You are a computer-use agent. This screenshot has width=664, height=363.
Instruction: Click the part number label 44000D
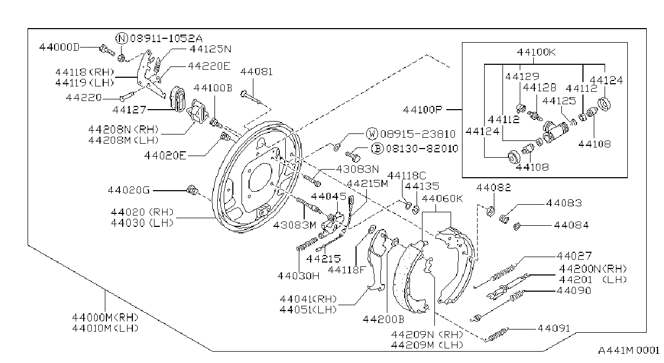(x=59, y=48)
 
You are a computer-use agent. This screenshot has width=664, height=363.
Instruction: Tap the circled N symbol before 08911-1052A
(x=121, y=38)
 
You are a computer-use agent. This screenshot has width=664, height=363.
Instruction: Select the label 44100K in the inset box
(x=536, y=52)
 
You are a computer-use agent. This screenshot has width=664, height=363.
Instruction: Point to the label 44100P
(x=422, y=110)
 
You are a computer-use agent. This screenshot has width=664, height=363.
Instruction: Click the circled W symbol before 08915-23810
(x=372, y=134)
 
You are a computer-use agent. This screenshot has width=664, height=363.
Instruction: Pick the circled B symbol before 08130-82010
(x=377, y=149)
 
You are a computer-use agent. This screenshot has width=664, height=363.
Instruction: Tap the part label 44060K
(x=442, y=198)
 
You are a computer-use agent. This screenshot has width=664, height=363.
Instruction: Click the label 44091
(x=554, y=328)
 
